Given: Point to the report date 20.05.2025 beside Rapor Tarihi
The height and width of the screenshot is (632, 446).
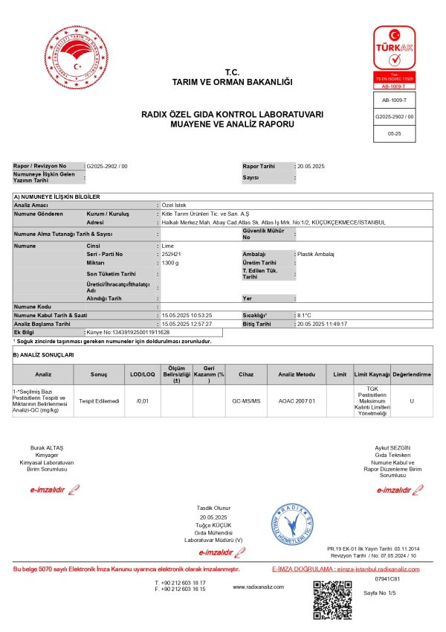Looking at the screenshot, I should [311, 165].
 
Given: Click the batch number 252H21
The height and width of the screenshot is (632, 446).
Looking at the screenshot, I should [171, 254].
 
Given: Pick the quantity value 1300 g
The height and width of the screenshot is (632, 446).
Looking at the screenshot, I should [171, 263].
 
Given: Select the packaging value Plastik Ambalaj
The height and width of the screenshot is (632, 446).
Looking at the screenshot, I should [316, 254].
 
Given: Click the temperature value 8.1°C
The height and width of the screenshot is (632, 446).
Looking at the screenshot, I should [307, 315].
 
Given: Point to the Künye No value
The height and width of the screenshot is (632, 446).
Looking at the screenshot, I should [129, 331].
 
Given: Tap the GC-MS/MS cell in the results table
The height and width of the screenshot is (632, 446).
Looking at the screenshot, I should [246, 400].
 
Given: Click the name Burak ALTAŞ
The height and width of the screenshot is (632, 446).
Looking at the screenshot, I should [47, 448].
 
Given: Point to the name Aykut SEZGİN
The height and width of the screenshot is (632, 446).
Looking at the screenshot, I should [393, 448].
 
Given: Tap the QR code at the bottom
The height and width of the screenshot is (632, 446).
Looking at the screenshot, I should [331, 599].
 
